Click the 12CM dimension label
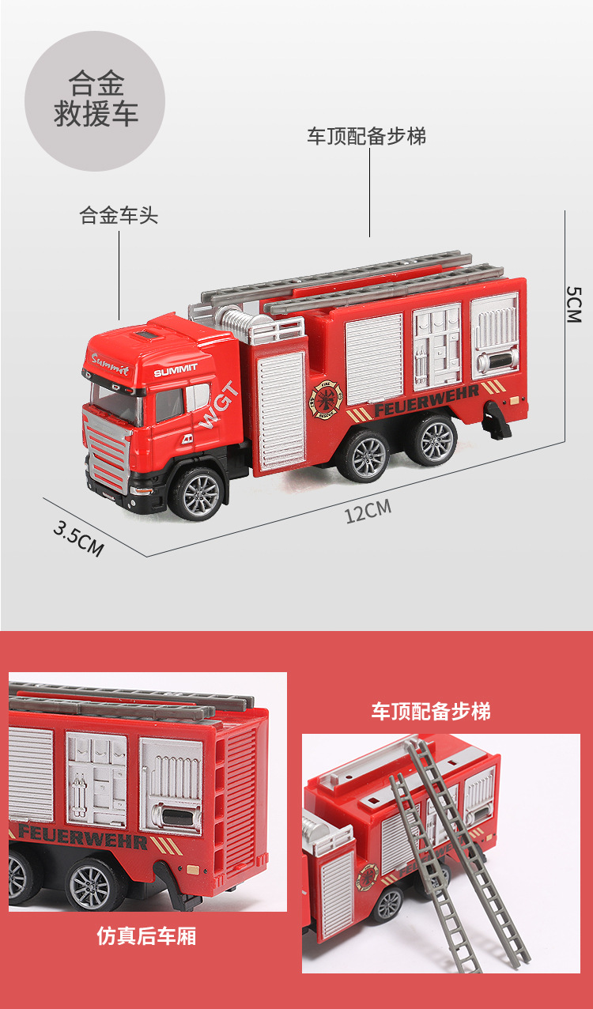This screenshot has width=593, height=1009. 368,511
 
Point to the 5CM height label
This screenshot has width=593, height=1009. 573,304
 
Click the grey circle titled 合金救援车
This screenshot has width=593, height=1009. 96,100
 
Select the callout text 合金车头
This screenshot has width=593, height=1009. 119,215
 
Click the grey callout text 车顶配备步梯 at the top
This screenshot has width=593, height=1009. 366,136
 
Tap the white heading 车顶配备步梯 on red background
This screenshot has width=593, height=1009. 431,711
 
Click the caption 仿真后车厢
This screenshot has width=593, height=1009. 146,937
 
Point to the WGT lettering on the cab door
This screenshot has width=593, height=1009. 219,405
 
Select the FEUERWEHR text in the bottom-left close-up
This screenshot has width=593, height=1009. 82,837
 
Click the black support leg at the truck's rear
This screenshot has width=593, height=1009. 497,419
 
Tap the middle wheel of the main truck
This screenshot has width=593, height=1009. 364,457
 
